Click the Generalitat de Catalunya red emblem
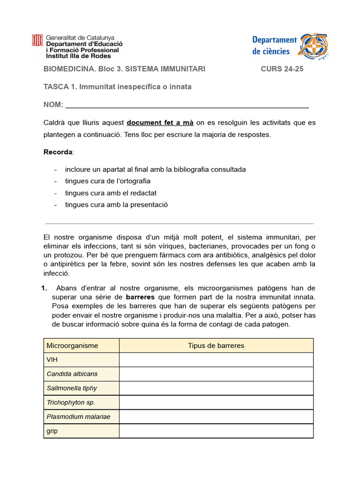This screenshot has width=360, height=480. pyautogui.click(x=37, y=41)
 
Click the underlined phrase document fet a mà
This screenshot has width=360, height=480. pyautogui.click(x=160, y=123)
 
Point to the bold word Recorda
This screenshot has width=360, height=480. pyautogui.click(x=58, y=152)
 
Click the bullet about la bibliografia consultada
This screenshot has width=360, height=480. pyautogui.click(x=155, y=169)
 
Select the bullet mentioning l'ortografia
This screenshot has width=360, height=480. pyautogui.click(x=107, y=181)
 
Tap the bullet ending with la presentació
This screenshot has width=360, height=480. pyautogui.click(x=116, y=204)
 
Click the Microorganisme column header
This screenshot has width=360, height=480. pyautogui.click(x=72, y=345)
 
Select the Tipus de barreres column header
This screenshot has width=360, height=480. pyautogui.click(x=216, y=345)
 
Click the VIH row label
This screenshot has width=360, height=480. pyautogui.click(x=52, y=360)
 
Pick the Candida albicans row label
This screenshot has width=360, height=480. pyautogui.click(x=72, y=374)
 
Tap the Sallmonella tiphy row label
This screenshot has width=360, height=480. pyautogui.click(x=72, y=388)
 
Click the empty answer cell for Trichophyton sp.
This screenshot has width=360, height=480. pyautogui.click(x=216, y=402)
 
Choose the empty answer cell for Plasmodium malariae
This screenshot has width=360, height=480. pyautogui.click(x=216, y=416)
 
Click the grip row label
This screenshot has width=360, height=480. pyautogui.click(x=52, y=431)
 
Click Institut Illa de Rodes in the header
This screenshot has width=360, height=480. pyautogui.click(x=78, y=56)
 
